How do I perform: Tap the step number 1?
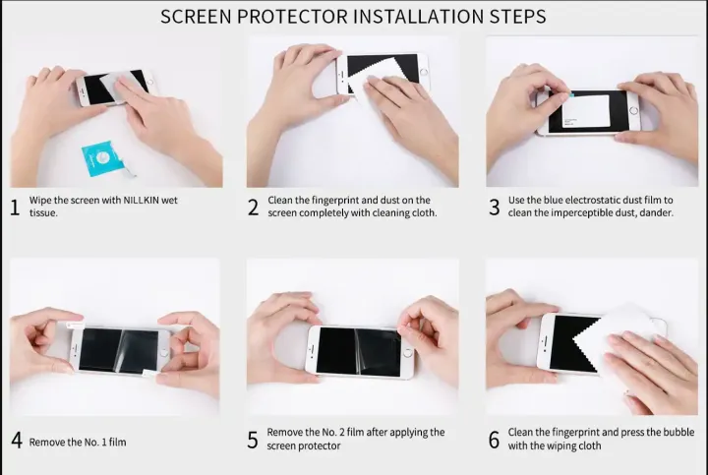pyautogui.click(x=15, y=207)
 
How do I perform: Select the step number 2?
pyautogui.click(x=253, y=207)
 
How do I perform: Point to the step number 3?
pyautogui.click(x=494, y=207)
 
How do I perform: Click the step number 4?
pyautogui.click(x=16, y=441)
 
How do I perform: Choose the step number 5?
pyautogui.click(x=253, y=441)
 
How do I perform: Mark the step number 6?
pyautogui.click(x=494, y=441)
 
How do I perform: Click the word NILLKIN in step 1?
pyautogui.click(x=135, y=200)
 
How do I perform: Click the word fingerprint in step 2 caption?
pyautogui.click(x=336, y=200)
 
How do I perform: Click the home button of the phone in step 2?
pyautogui.click(x=425, y=72)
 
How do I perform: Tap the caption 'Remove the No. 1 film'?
pyautogui.click(x=77, y=442)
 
